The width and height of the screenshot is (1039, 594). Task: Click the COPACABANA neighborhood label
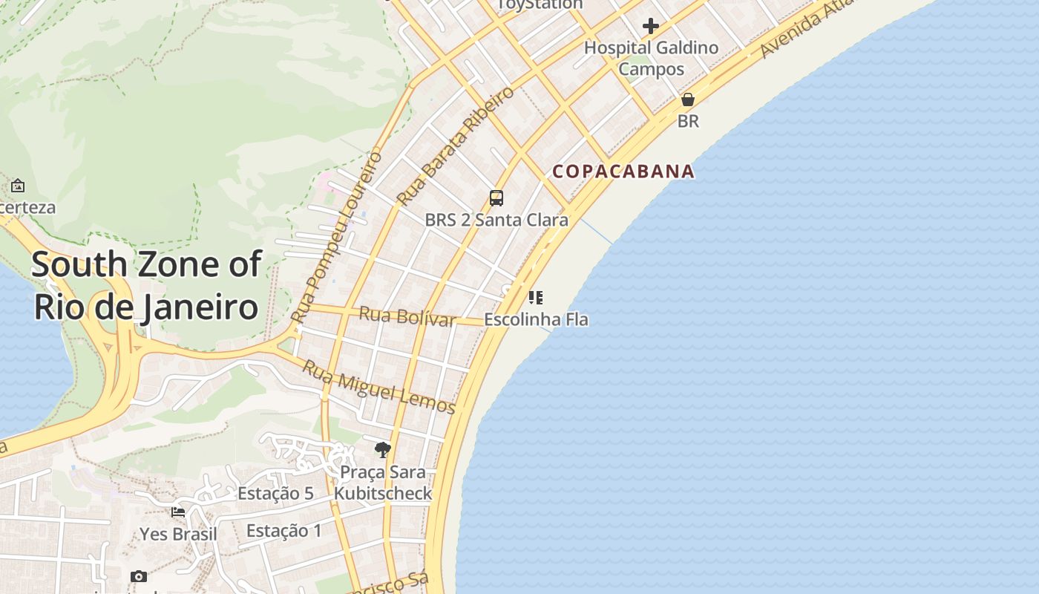(x=623, y=172)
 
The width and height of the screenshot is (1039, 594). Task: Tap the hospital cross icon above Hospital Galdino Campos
(x=651, y=27)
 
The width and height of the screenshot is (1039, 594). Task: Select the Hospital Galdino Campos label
(x=651, y=58)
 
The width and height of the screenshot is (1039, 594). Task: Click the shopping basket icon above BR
(x=688, y=99)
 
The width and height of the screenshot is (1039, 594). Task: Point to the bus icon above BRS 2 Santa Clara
(x=496, y=198)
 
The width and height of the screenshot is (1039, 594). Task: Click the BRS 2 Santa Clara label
(x=496, y=220)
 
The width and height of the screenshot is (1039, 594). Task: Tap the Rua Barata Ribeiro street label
(x=455, y=146)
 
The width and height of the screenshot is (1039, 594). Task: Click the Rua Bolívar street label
(x=407, y=316)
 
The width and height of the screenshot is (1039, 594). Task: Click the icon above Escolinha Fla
(x=536, y=298)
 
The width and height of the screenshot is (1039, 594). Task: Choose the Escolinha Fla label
(x=536, y=319)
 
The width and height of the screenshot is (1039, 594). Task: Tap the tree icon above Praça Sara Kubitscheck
(x=383, y=449)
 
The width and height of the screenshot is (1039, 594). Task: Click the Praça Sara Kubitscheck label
(x=383, y=483)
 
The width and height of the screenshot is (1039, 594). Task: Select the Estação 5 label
(x=275, y=494)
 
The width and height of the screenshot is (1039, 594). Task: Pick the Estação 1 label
(x=284, y=531)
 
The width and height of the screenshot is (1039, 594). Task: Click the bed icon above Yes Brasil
(x=178, y=512)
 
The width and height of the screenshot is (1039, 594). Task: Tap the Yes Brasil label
(x=179, y=535)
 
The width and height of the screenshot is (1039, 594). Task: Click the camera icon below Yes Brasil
(x=139, y=577)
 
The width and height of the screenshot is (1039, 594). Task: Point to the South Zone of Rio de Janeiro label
(x=146, y=285)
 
